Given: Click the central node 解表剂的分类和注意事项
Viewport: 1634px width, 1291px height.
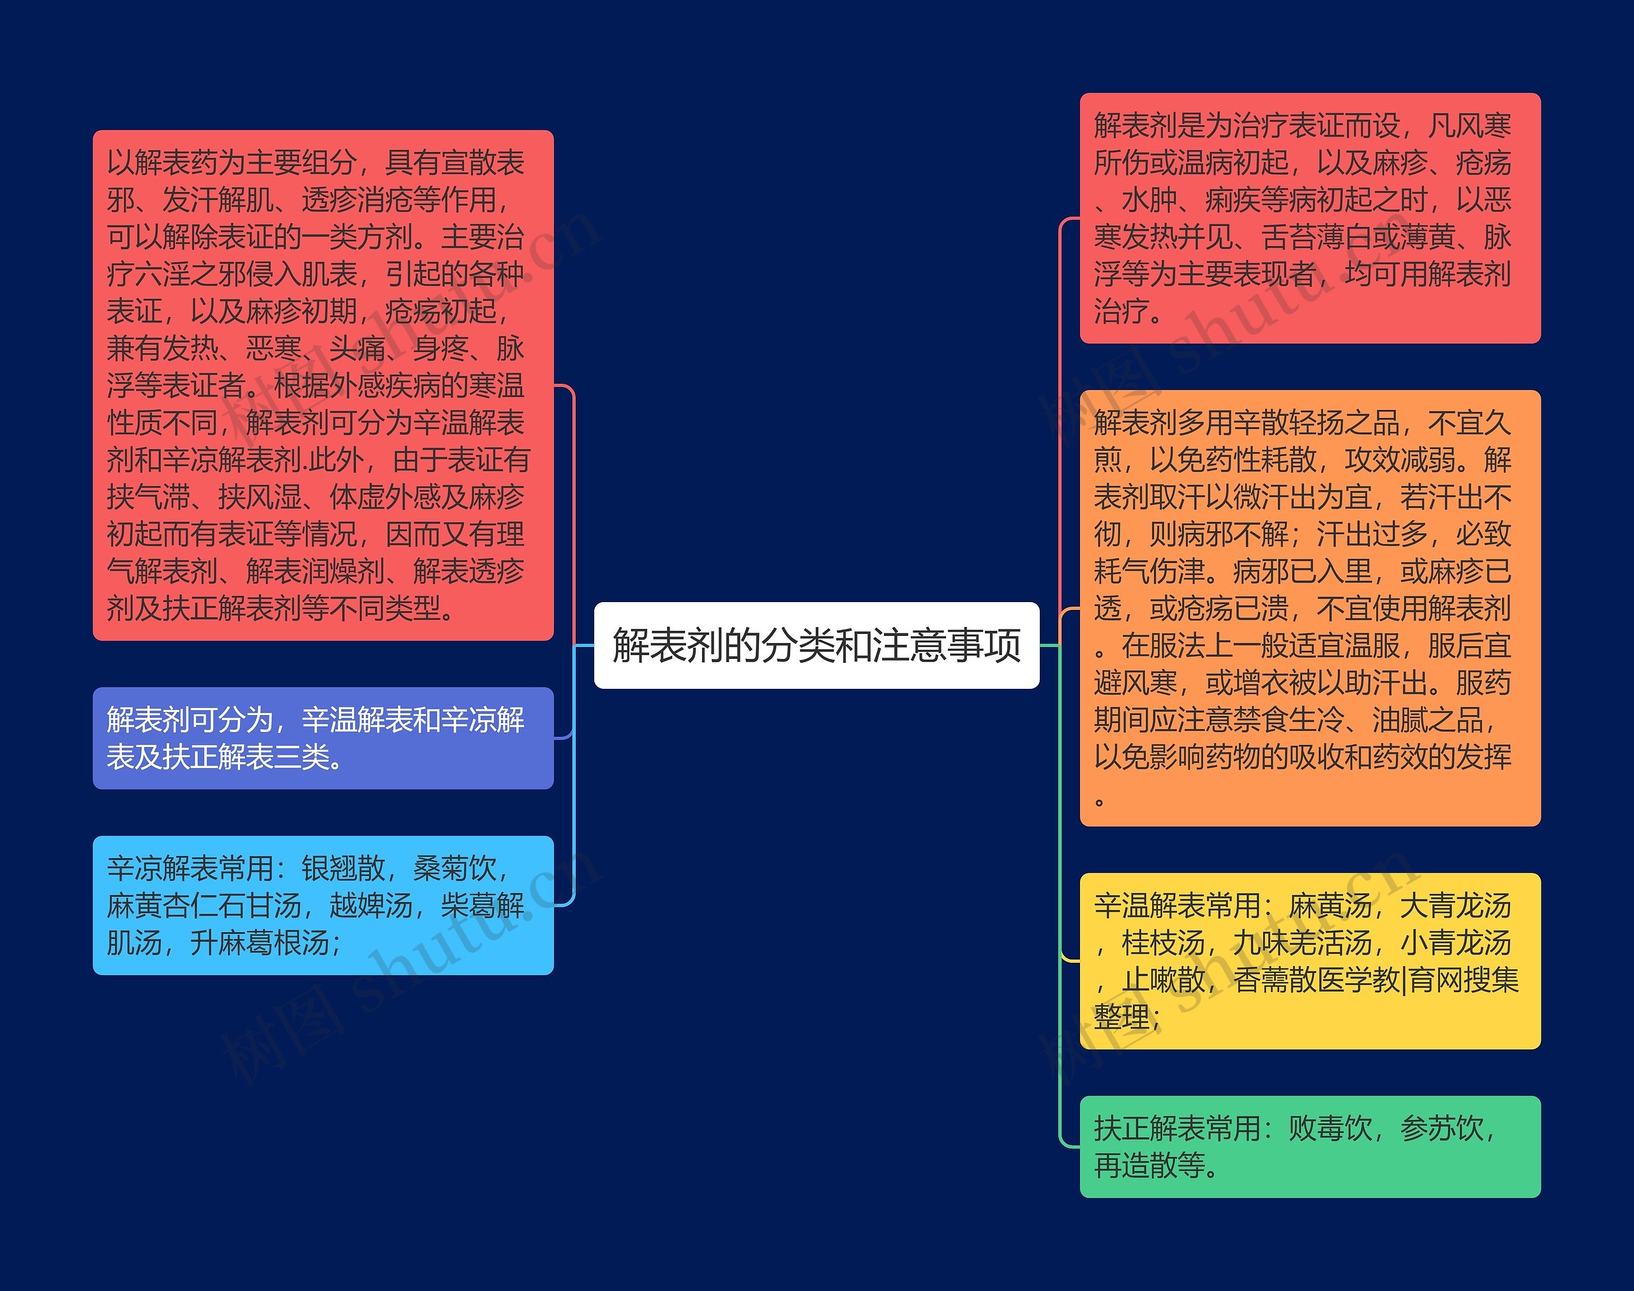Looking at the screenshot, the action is (816, 645).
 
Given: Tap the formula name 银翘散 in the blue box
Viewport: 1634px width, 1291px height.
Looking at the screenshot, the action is (344, 868).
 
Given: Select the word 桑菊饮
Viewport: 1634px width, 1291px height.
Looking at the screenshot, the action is (454, 868).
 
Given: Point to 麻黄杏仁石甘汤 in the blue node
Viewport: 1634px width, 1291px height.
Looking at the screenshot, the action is (204, 905).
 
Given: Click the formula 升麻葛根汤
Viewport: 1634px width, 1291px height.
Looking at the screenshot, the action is (260, 942).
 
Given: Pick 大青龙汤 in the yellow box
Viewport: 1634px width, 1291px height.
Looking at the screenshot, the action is (1455, 905).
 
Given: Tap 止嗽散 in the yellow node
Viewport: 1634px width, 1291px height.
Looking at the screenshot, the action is (1164, 979).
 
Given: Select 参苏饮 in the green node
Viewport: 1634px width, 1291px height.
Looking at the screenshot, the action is (1441, 1128).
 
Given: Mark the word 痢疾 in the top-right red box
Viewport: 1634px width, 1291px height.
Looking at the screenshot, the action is (1233, 200).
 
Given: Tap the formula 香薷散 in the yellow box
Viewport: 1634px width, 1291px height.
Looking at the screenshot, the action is (1275, 979).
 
